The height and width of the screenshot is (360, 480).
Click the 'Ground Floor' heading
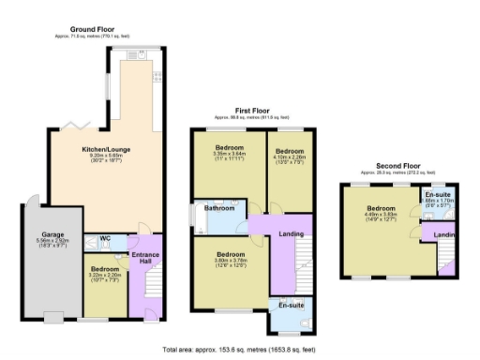point(92,29)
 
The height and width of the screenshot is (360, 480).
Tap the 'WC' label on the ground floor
point(106,238)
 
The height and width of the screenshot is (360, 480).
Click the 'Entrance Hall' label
point(144,257)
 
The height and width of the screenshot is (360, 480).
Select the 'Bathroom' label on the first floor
point(222,208)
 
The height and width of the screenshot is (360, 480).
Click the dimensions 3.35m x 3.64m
point(229,157)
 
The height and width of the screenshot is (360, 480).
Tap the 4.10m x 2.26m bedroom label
point(289,157)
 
